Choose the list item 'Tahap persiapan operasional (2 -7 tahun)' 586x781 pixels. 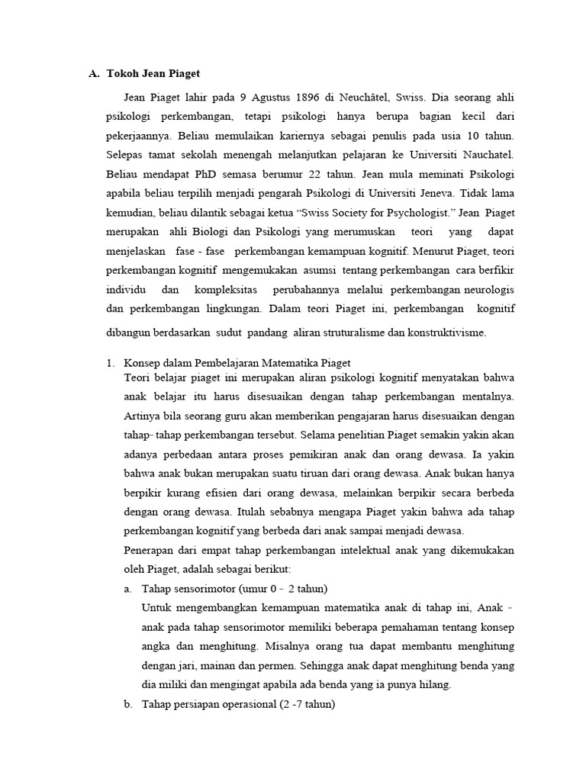pos(238,704)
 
